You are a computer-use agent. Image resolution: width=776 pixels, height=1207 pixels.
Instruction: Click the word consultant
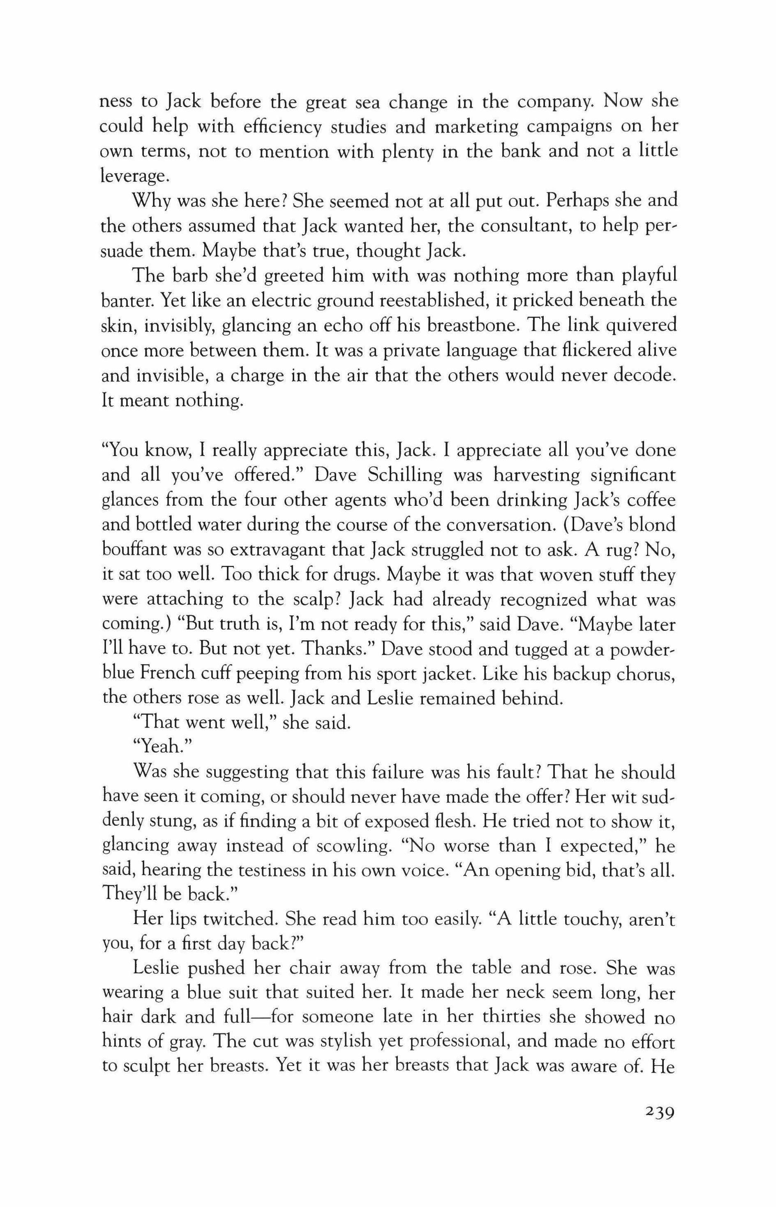point(527,226)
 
